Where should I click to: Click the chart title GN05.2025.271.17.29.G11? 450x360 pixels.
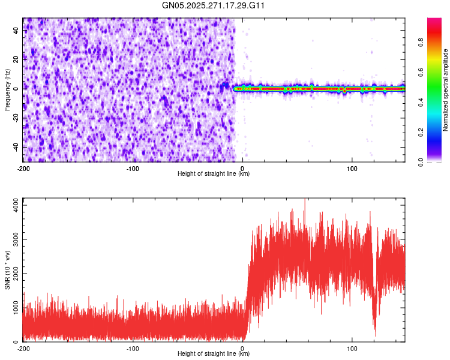214,5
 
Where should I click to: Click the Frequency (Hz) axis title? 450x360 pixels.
7,90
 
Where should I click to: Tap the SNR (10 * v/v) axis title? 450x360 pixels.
7,270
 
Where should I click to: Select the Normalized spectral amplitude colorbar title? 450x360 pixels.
446,91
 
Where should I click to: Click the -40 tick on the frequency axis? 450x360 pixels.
15,147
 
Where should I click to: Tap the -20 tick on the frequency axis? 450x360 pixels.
15,118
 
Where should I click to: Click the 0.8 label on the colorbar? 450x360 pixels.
422,42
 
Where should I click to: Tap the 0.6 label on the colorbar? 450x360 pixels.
422,72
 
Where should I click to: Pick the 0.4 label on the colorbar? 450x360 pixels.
422,102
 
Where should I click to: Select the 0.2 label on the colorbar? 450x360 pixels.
422,132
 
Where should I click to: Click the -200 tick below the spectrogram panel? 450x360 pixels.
24,168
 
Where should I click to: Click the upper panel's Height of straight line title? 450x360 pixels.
214,174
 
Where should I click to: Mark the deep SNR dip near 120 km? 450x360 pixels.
376,333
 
